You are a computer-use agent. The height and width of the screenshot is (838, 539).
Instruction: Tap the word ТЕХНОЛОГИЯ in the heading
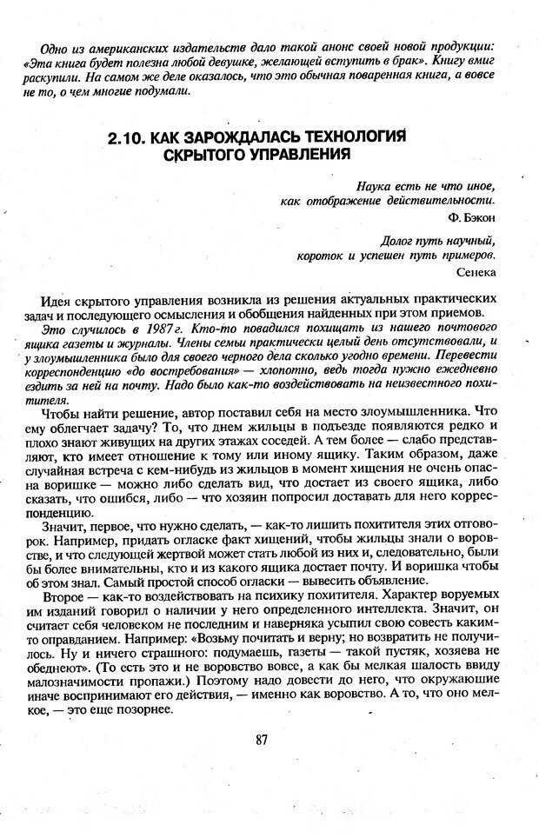(347, 137)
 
